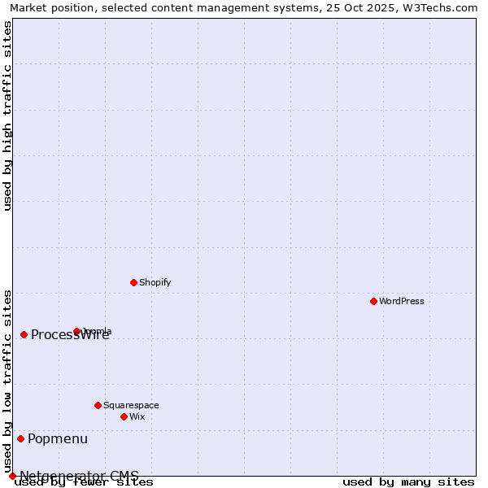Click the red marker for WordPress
pos(373,301)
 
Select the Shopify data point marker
pos(133,282)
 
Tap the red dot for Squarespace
pos(98,405)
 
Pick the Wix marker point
pos(124,416)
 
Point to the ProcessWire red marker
pos(24,334)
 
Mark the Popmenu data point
pos(20,438)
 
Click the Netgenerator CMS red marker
pos(12,476)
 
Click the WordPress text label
pos(402,301)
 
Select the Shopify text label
pos(155,282)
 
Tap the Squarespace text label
pos(131,405)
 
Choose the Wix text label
pos(137,416)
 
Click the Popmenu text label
pos(58,439)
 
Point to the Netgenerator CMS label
pos(79,476)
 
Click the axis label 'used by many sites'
pos(408,482)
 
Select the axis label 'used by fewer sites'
pos(84,482)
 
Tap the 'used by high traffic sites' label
pos(8,115)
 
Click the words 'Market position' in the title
pos(48,8)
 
